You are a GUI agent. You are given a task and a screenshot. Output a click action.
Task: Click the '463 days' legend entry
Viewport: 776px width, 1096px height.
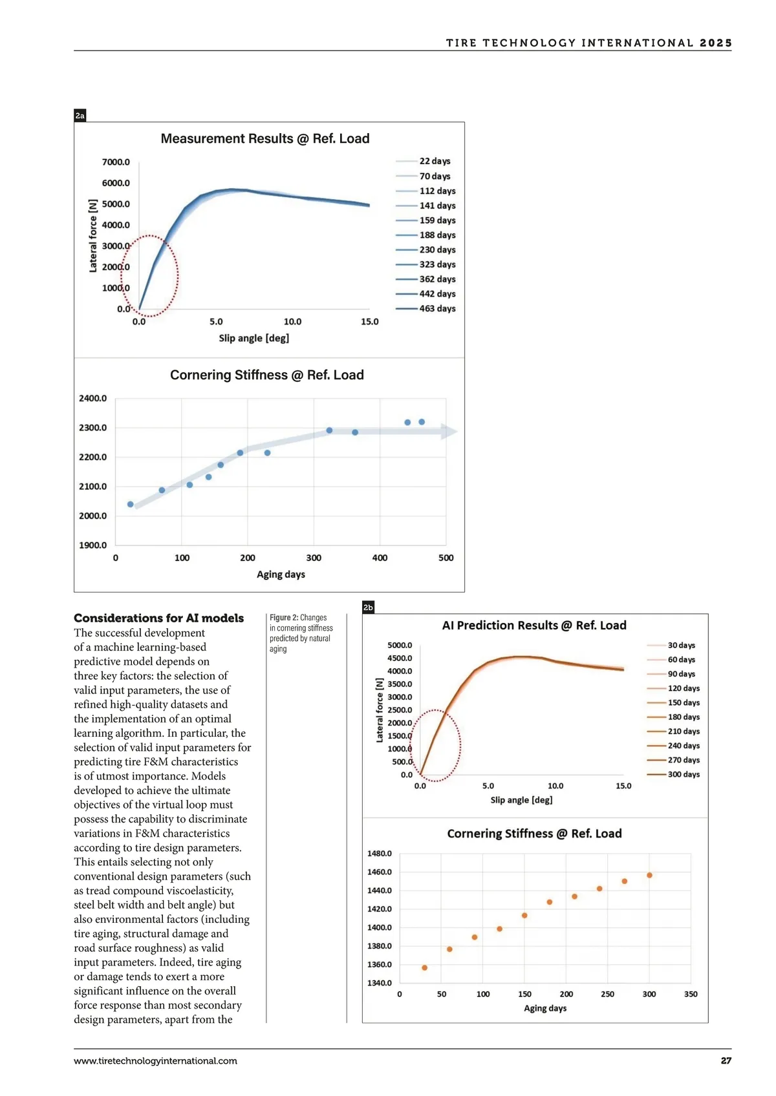[437, 309]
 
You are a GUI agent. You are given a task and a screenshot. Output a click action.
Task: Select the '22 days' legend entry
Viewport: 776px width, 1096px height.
[435, 161]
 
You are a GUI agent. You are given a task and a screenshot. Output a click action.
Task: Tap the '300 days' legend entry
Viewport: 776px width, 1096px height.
[684, 774]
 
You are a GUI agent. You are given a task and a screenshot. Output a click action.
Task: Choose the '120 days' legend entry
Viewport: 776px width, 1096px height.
[684, 688]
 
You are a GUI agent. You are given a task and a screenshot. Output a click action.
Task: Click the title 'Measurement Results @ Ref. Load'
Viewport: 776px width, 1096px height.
[265, 138]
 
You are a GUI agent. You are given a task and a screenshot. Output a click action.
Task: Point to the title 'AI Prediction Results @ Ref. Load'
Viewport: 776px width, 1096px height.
[534, 625]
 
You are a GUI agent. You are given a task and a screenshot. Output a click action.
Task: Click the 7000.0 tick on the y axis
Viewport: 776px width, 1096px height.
[116, 162]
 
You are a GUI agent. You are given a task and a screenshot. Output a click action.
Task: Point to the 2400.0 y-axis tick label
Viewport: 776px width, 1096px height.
[92, 398]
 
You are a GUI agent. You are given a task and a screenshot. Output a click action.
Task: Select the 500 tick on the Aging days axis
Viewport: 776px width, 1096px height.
[446, 558]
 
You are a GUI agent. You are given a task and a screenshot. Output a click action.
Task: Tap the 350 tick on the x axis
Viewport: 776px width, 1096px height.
[691, 994]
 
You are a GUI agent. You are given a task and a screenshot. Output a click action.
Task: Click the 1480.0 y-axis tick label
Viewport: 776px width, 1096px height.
[380, 854]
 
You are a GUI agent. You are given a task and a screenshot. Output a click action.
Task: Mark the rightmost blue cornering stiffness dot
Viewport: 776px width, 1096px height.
[422, 422]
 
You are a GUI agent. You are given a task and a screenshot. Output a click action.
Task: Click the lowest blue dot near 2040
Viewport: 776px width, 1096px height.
[131, 504]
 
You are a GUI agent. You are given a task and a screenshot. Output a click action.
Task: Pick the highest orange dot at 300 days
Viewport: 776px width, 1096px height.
[649, 875]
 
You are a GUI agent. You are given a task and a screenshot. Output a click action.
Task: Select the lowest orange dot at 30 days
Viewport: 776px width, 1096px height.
[425, 967]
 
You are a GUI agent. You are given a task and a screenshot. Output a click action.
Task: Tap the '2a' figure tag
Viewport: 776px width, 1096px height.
[80, 116]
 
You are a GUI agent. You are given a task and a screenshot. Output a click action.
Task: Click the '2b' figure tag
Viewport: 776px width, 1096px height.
[368, 607]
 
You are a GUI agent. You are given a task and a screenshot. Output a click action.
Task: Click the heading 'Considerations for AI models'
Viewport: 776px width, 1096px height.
[159, 618]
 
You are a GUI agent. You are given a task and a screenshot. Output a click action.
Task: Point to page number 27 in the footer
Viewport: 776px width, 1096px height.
[726, 1060]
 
